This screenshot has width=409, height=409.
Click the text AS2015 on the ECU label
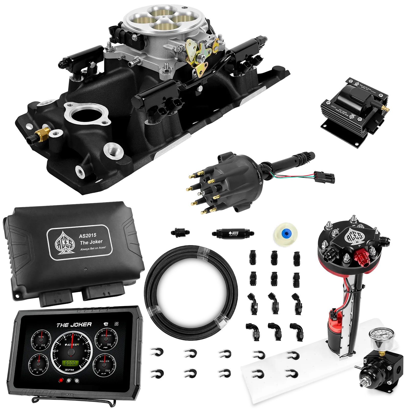click(87, 235)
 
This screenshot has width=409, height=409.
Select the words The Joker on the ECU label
click(91, 242)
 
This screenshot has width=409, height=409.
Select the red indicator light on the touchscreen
click(61, 380)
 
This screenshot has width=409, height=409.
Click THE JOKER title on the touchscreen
click(74, 325)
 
